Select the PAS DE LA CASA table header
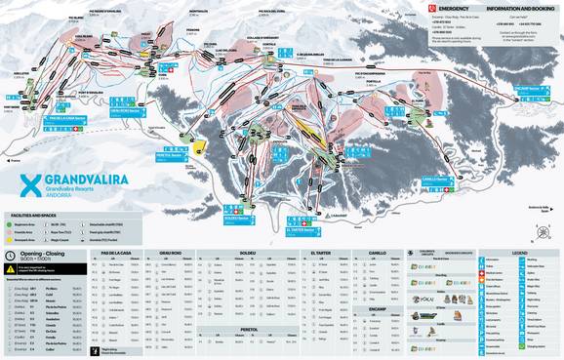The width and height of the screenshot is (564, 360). [118, 252]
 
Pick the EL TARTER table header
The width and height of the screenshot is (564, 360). [320, 252]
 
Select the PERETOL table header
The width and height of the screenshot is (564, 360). [250, 329]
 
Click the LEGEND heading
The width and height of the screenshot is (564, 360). [533, 252]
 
